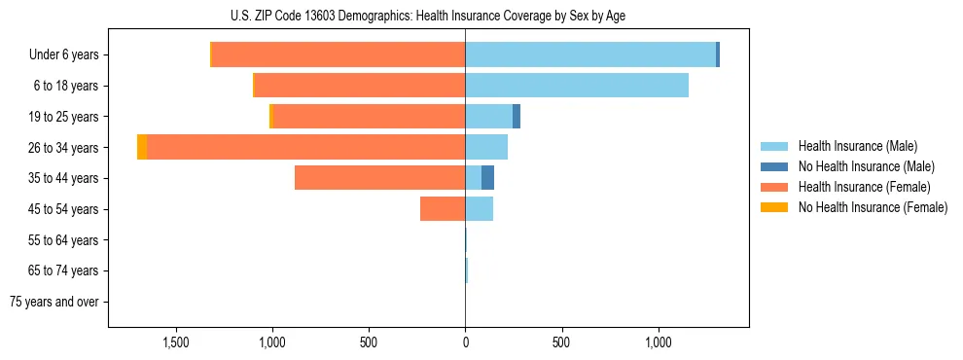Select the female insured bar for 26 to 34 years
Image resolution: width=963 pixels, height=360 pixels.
point(305,147)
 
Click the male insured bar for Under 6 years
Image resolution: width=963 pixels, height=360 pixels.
point(589,54)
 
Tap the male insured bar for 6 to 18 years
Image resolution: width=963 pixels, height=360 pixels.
point(576,86)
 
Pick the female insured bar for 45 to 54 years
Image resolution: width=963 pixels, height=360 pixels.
point(442,209)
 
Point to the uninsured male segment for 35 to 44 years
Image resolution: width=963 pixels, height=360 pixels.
point(487,178)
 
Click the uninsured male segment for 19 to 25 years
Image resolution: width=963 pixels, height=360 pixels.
point(517,117)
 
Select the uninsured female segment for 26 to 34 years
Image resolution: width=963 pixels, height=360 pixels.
point(142,147)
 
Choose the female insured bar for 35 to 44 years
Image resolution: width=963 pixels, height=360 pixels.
point(379,178)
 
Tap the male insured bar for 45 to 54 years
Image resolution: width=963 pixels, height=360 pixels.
point(479,209)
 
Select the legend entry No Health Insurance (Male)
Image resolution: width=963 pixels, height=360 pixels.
point(864,166)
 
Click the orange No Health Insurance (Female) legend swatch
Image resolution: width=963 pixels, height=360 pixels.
point(774,207)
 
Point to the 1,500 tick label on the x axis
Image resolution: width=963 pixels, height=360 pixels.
point(176,343)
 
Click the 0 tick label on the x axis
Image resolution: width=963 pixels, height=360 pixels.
point(465,343)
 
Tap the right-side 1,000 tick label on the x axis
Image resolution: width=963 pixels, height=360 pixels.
point(659,343)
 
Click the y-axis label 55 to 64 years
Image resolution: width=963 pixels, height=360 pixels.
point(65,240)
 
